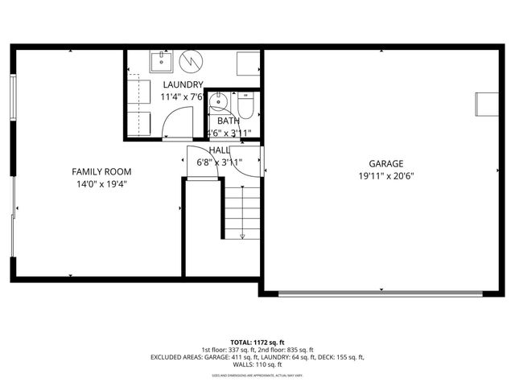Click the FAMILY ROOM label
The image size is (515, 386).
(x=101, y=171)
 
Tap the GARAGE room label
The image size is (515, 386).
(x=386, y=163)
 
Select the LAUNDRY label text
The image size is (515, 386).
(x=183, y=84)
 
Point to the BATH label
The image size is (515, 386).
(x=228, y=121)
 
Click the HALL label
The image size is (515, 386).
(x=219, y=150)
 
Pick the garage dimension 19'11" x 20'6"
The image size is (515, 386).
(x=386, y=176)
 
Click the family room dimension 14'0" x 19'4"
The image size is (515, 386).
(x=101, y=184)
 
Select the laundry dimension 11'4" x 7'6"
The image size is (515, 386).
(x=183, y=97)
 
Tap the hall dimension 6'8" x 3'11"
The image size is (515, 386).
(x=220, y=162)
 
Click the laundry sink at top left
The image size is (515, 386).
(x=161, y=60)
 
